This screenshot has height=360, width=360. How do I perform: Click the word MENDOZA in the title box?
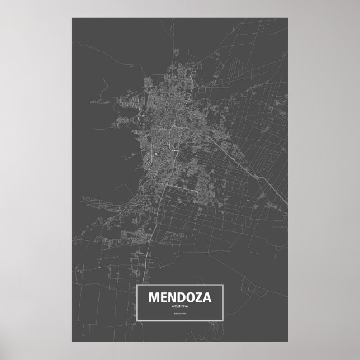click(x=179, y=299)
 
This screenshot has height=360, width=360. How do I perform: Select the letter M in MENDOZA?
click(x=153, y=299)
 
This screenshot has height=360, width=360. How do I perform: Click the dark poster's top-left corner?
click(x=72, y=18)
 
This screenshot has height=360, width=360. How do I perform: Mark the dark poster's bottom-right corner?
click(x=288, y=342)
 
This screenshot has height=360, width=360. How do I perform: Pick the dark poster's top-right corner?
click(x=288, y=18)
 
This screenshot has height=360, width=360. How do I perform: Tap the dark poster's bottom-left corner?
click(x=72, y=342)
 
